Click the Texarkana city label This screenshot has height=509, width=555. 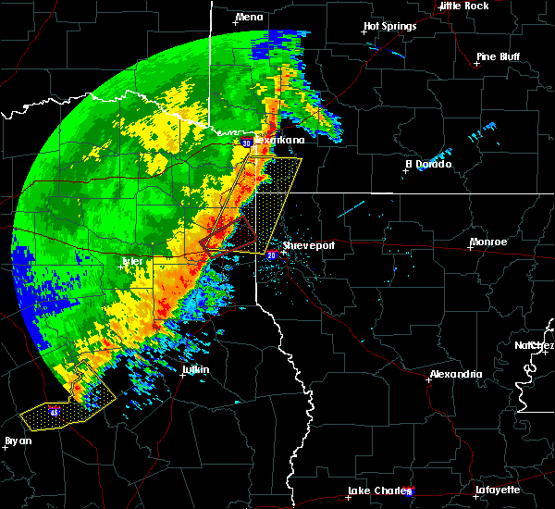point(279,140)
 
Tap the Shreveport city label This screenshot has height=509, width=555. point(307,245)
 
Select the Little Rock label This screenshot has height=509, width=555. point(463,6)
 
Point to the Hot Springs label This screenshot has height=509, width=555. point(389,27)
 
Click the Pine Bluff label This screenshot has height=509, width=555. point(498,56)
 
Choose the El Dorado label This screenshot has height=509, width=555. point(428,164)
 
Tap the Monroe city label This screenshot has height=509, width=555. point(487,242)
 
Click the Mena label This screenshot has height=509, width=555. point(249,17)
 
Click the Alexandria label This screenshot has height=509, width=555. point(455,374)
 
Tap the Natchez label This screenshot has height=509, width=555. point(535,345)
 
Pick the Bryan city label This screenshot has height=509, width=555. point(18,441)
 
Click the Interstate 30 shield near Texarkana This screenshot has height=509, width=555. point(247,143)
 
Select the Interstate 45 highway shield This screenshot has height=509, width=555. point(55,413)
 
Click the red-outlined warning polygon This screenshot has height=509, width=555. point(231,235)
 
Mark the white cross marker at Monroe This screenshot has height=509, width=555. point(470,247)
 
